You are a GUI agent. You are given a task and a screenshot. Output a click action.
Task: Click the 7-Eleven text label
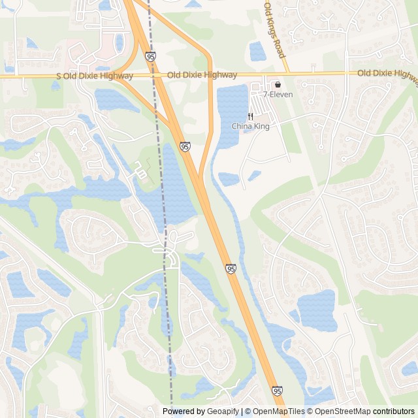278,94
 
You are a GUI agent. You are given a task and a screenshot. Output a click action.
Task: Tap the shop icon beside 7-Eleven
278,84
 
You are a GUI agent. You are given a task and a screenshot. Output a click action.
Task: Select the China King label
250,126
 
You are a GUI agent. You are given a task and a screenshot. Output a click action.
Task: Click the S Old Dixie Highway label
95,76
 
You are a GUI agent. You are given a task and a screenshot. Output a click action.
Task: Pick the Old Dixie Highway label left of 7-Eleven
193,75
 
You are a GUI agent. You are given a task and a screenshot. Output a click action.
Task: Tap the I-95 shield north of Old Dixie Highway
151,57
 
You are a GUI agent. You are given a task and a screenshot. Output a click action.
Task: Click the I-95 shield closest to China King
185,147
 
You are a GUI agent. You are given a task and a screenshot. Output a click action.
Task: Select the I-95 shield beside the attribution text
278,391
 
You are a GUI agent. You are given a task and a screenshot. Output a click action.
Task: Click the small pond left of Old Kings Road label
257,50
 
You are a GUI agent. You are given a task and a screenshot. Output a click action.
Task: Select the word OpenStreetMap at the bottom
339,411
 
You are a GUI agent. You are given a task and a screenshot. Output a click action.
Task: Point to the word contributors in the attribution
393,411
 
